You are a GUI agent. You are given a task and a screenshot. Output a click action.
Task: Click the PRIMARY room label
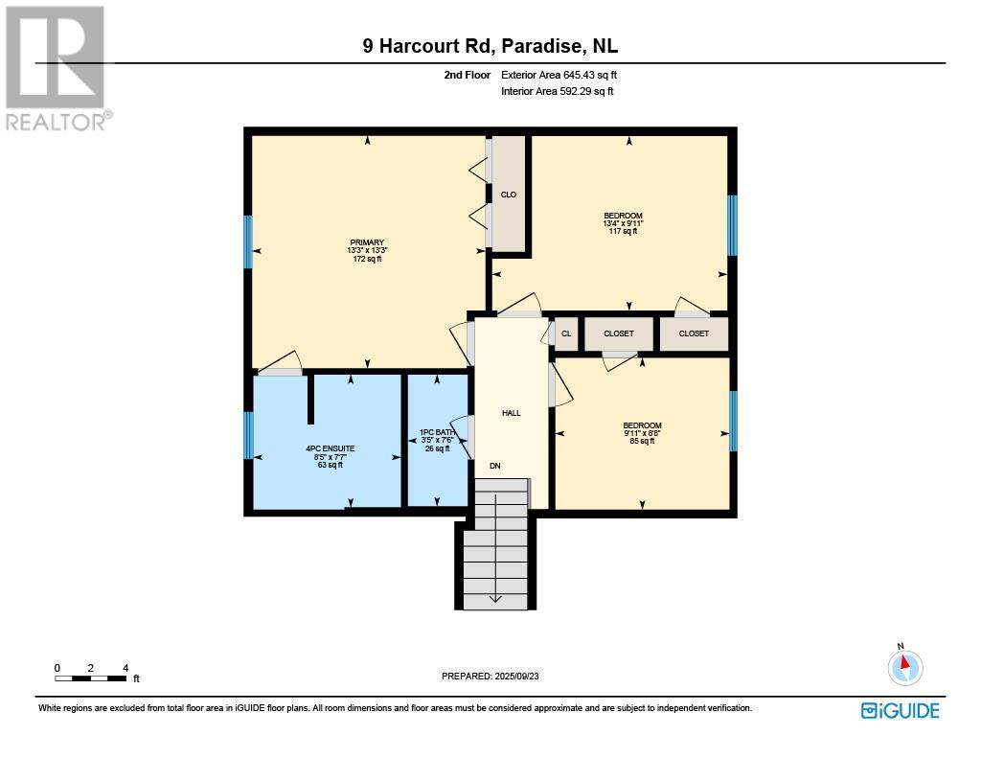[367, 242]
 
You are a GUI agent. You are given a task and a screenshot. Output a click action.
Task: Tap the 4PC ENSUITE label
[331, 448]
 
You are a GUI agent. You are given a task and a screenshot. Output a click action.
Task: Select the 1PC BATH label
[437, 432]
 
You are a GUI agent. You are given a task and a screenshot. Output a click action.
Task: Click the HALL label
[512, 413]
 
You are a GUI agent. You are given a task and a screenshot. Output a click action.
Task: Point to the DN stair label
[495, 466]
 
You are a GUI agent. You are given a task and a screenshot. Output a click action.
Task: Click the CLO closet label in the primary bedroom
[509, 195]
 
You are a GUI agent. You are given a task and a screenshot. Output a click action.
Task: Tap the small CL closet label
[566, 333]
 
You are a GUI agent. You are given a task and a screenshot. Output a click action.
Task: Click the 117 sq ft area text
[623, 231]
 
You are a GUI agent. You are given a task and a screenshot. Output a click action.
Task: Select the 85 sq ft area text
[642, 441]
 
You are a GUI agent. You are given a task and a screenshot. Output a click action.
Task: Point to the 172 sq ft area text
[367, 259]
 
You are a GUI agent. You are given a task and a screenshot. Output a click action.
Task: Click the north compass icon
[904, 666]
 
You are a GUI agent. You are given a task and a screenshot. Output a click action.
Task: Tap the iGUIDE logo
[901, 711]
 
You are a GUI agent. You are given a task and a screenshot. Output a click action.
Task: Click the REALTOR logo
[57, 69]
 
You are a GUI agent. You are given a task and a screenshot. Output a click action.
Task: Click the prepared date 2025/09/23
[516, 676]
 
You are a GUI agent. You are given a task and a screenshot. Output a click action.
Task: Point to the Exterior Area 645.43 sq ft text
[559, 75]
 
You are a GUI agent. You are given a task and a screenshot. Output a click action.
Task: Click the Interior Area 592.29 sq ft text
[557, 91]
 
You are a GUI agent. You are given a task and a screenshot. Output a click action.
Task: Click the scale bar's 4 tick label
[125, 668]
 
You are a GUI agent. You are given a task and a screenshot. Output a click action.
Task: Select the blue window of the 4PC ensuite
[248, 435]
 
